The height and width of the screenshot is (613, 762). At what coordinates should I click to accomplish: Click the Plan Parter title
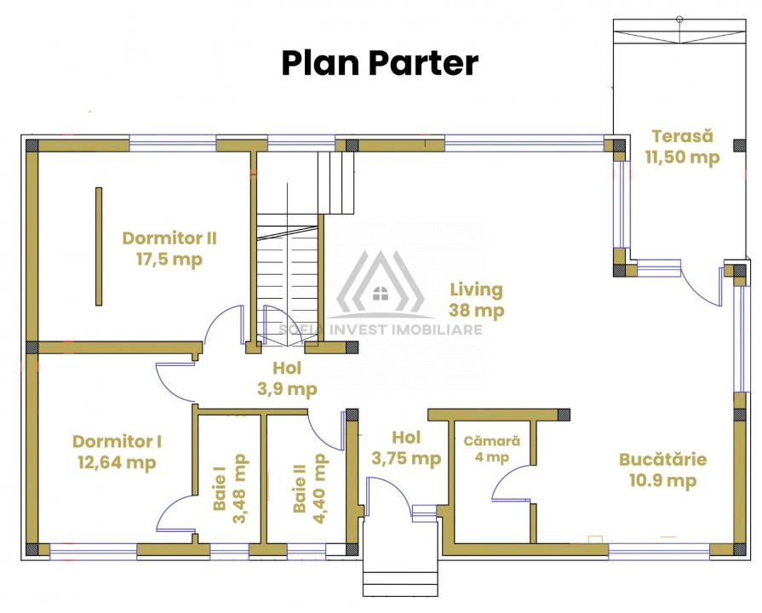coord(380,64)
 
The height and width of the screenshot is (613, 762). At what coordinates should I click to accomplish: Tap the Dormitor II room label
coord(169,238)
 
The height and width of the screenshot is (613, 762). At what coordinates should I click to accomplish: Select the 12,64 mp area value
coord(117,462)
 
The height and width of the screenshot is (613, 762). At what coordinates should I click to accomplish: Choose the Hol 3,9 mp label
coord(287,379)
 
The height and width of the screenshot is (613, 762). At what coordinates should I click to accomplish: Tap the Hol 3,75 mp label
coord(406,448)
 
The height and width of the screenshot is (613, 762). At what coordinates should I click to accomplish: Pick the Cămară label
coord(492,441)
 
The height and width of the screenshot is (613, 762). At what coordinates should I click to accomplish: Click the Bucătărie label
coord(663,460)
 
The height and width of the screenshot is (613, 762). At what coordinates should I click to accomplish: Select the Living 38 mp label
coord(476,300)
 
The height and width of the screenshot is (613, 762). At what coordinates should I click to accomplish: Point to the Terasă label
coord(682,135)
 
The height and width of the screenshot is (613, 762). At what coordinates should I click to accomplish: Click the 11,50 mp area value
coord(682,157)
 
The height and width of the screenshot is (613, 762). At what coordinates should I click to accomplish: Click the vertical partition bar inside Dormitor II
coord(99,246)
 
